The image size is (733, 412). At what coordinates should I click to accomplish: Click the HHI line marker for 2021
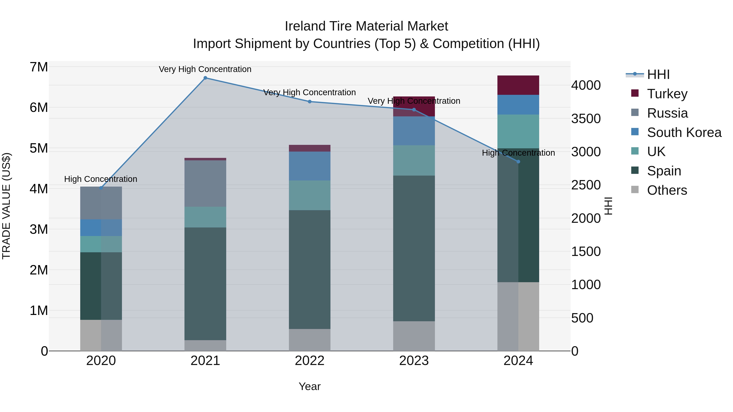click(205, 78)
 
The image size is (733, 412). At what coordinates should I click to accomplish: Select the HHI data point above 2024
click(518, 162)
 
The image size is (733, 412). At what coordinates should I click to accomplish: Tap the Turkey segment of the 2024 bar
click(518, 85)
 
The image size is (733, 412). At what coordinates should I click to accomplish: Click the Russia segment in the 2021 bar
click(205, 183)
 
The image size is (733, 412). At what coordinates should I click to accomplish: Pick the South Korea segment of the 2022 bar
click(309, 166)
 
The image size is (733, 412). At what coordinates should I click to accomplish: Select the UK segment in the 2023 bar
click(414, 160)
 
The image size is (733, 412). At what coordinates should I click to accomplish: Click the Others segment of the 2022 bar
click(309, 340)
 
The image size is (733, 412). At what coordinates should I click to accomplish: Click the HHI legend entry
click(658, 74)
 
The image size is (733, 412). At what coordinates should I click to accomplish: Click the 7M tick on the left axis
click(39, 67)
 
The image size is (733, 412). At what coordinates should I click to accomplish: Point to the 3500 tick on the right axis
click(586, 119)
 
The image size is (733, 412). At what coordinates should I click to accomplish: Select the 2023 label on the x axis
click(414, 361)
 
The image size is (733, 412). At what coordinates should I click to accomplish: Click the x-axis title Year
click(309, 386)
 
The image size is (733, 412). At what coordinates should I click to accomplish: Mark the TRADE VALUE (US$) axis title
click(7, 206)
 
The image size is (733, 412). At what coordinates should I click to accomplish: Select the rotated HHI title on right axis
click(608, 206)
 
